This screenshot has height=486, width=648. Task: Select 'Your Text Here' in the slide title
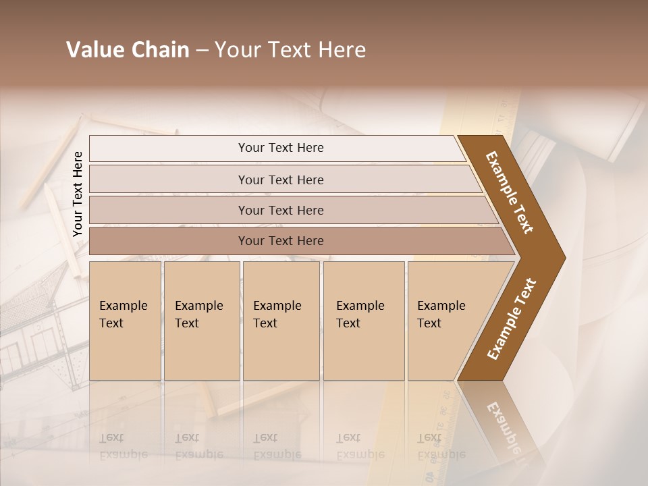pos(290,50)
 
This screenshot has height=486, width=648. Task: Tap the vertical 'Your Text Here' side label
pos(78,194)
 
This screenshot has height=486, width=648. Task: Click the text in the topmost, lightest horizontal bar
pos(281,148)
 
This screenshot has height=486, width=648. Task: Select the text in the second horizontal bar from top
pos(281,180)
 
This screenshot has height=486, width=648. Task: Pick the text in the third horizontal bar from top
pos(281,210)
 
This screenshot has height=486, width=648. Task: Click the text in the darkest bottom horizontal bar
pos(281,240)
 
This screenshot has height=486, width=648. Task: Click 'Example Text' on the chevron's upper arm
pos(510,192)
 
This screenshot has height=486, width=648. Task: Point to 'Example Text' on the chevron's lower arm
pos(511,319)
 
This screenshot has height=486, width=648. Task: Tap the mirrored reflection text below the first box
pos(124,446)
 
